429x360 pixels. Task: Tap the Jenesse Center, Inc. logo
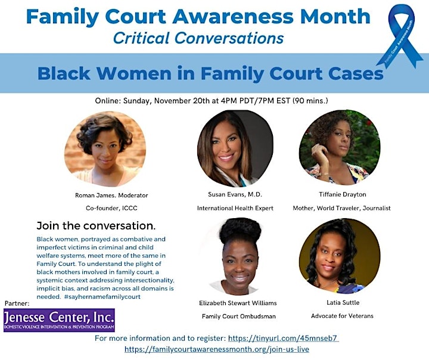click(59, 320)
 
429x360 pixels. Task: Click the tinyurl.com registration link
click(284, 339)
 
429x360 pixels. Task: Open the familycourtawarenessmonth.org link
click(217, 349)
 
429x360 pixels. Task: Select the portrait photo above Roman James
click(105, 148)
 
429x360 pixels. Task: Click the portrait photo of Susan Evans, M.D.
click(235, 148)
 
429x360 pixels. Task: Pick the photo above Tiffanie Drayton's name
click(340, 147)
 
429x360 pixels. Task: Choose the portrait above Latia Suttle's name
click(340, 256)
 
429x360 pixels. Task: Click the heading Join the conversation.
click(96, 226)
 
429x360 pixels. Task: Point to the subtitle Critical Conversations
click(198, 38)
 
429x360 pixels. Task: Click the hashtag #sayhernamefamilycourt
click(102, 297)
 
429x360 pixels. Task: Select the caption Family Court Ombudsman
click(239, 316)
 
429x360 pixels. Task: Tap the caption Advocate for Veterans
click(342, 316)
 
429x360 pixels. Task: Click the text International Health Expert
click(235, 209)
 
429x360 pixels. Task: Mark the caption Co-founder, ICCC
click(111, 209)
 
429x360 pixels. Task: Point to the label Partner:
click(17, 303)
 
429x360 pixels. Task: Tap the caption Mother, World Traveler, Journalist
click(342, 209)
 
